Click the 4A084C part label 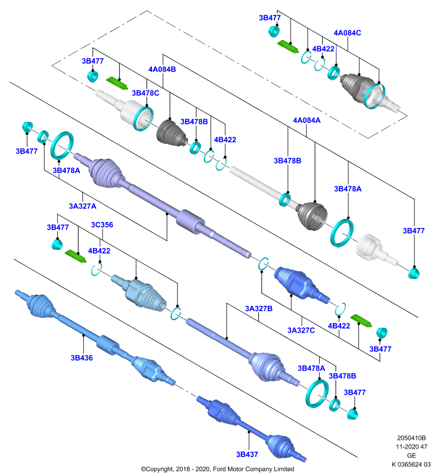[347, 33]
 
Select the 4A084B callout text [162, 69]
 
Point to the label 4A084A [307, 120]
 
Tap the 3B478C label [145, 93]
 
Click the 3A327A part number [82, 206]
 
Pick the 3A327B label [259, 308]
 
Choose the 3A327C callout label [301, 330]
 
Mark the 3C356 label [102, 225]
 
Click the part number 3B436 [82, 358]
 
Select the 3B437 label [247, 455]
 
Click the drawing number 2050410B [411, 438]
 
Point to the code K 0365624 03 [411, 464]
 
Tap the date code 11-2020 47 [411, 447]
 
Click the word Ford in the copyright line [220, 469]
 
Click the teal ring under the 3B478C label [143, 118]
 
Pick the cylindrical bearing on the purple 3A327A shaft [190, 221]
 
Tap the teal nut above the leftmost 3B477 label [27, 127]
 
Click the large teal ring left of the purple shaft [62, 146]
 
